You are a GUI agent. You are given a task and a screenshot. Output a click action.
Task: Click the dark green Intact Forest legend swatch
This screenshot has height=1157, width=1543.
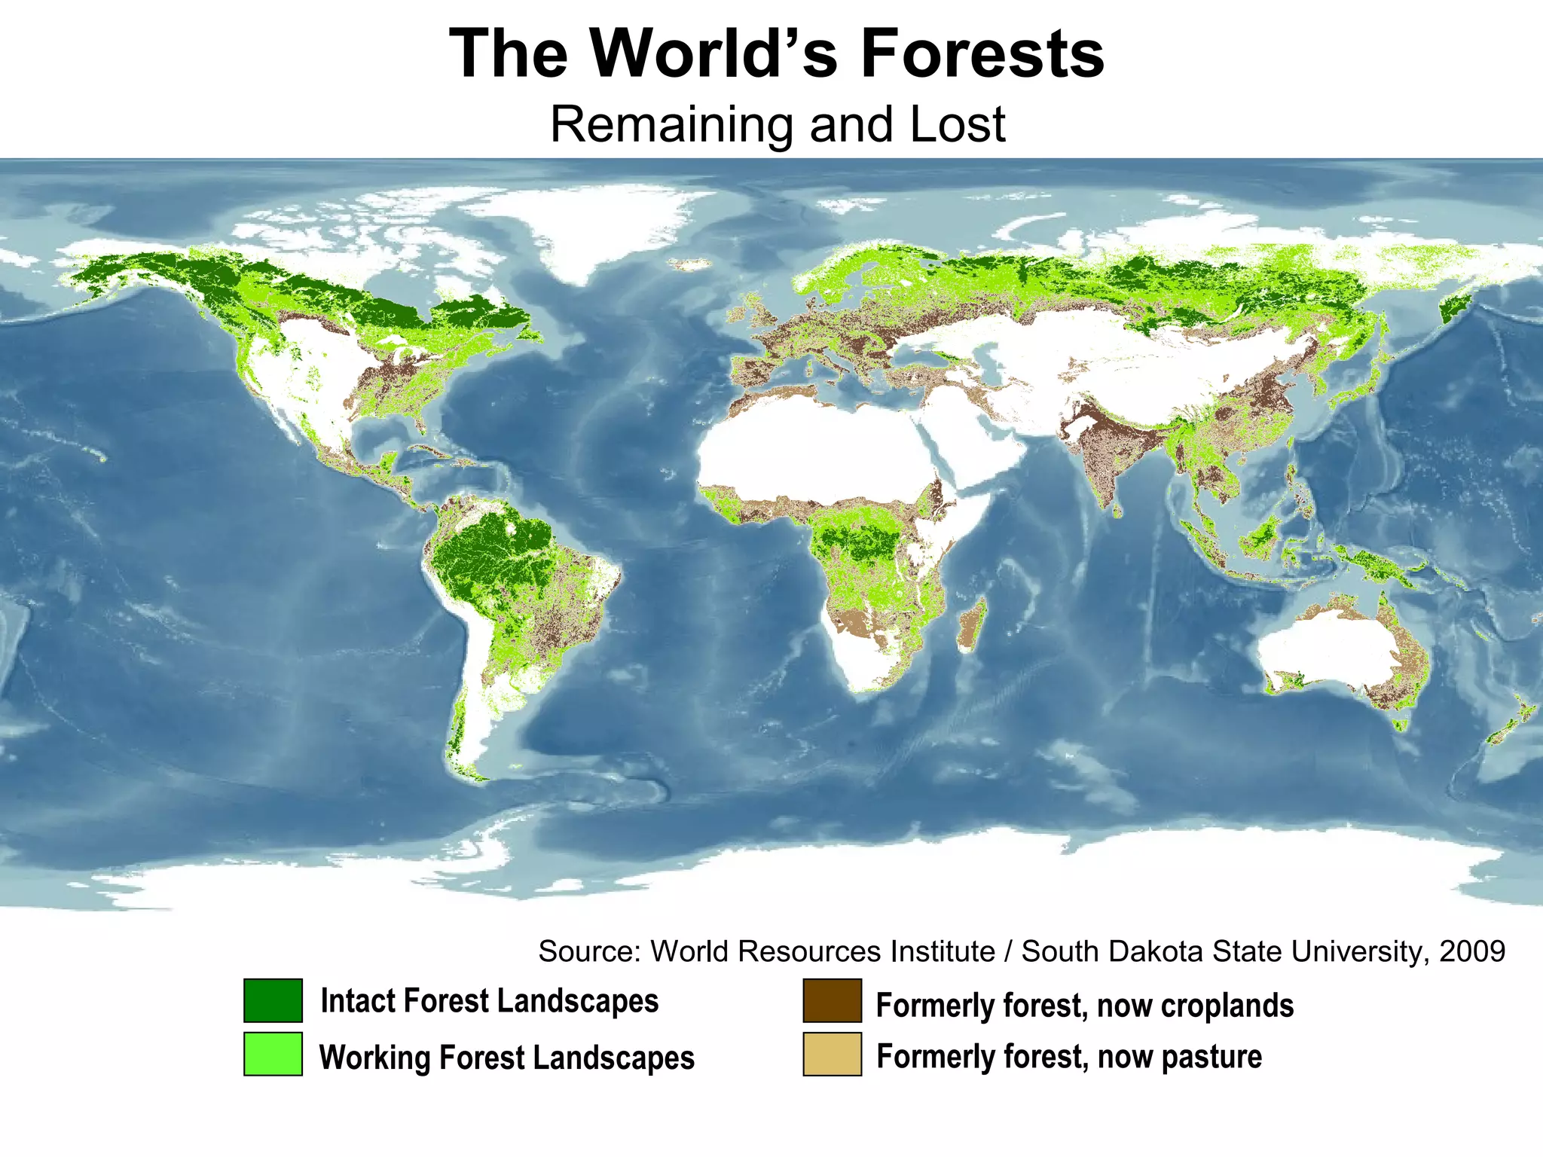[x=273, y=1000]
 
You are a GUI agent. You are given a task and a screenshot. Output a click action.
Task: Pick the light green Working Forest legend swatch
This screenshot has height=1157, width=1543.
[x=273, y=1054]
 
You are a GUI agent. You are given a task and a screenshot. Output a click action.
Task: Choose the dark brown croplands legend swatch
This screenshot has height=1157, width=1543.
[x=832, y=1000]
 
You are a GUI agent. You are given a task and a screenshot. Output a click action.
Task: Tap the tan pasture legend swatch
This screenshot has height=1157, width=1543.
[x=832, y=1054]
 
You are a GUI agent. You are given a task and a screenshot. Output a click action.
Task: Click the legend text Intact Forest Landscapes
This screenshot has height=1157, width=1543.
[x=490, y=1001]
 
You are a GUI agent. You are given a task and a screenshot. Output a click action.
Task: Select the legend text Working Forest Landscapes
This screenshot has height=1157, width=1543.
[x=506, y=1058]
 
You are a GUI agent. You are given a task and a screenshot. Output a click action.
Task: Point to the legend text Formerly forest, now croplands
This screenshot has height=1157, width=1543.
[x=1084, y=1006]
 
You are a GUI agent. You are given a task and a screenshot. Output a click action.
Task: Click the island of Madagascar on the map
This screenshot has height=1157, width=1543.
[x=972, y=625]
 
